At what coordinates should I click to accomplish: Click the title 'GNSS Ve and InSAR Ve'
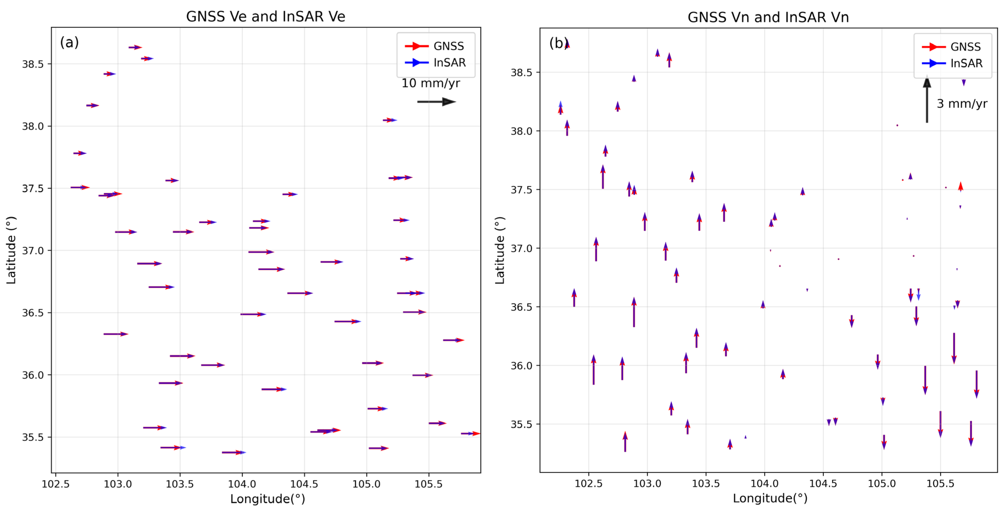click(266, 16)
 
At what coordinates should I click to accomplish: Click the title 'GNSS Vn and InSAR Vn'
click(768, 17)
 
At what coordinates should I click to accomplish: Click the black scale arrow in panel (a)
click(436, 102)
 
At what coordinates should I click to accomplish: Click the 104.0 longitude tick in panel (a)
click(242, 484)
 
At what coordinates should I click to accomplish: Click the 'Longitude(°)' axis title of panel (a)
click(267, 499)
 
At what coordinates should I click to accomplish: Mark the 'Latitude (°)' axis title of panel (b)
click(500, 250)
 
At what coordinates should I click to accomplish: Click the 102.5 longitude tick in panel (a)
click(55, 484)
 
